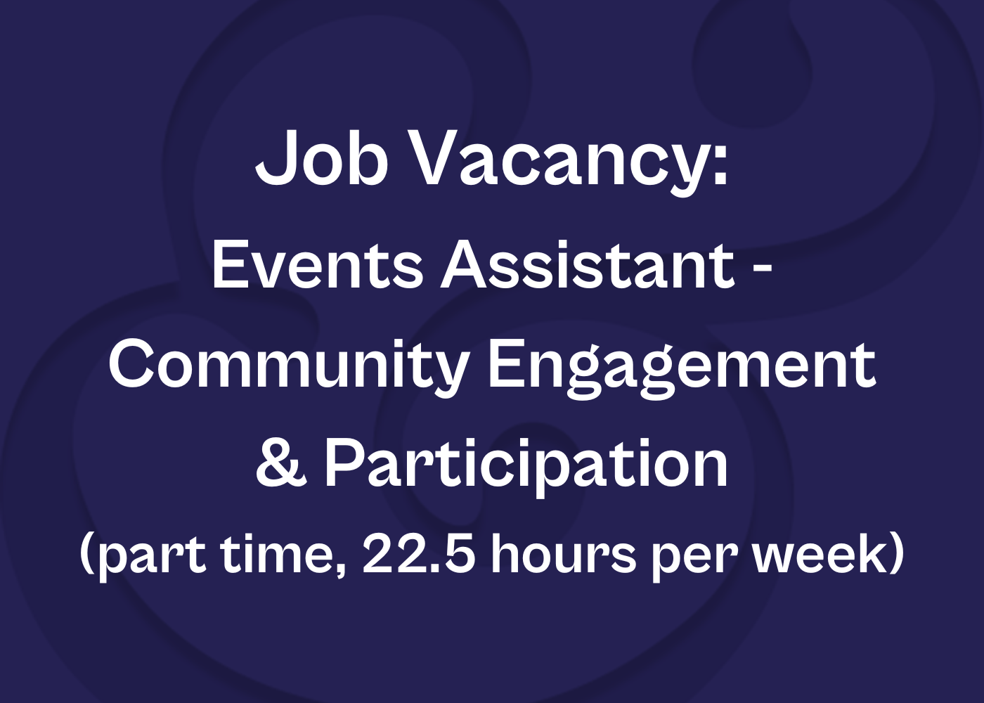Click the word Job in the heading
click(x=322, y=157)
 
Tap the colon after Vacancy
click(x=720, y=165)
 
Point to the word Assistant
click(x=588, y=266)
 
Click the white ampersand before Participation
click(x=280, y=464)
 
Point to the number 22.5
click(x=419, y=554)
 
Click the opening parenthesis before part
click(x=87, y=555)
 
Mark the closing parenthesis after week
click(x=895, y=555)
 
